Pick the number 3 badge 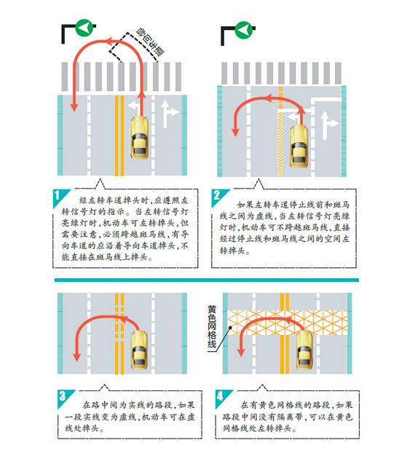coord(62,397)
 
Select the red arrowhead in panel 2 coord(235,133)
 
